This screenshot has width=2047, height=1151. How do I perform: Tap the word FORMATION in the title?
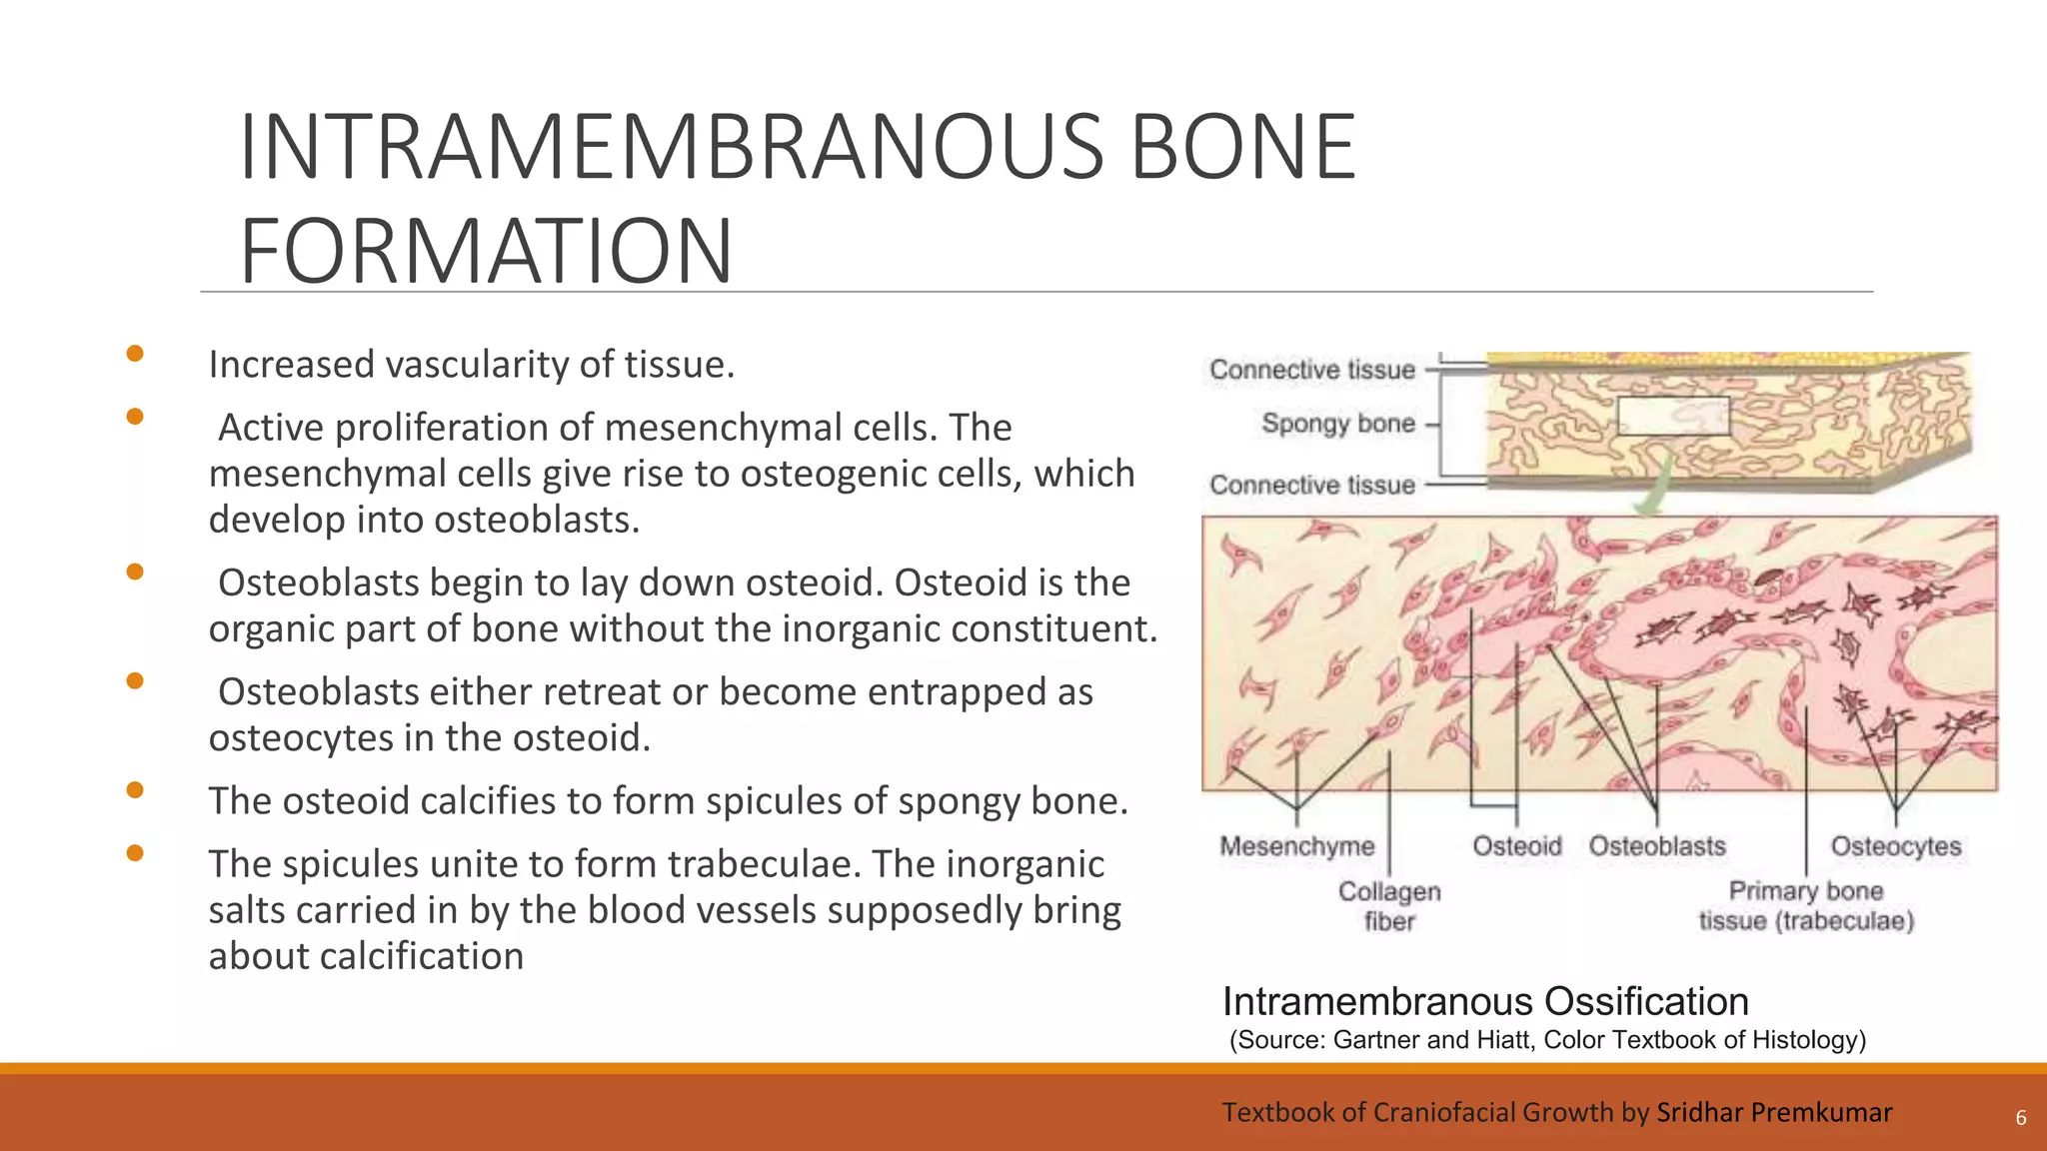click(487, 251)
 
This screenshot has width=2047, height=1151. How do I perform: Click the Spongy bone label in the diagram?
click(1337, 424)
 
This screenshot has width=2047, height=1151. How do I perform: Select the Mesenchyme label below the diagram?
click(1296, 846)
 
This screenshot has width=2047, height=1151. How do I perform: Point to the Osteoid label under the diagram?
click(1516, 846)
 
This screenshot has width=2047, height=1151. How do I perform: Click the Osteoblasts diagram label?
click(1657, 846)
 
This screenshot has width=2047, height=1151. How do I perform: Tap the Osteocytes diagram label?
click(1895, 846)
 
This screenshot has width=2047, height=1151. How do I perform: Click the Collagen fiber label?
click(1389, 906)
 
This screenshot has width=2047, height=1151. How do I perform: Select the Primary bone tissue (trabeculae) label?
click(1806, 906)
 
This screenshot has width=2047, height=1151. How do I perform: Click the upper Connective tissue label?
click(1311, 370)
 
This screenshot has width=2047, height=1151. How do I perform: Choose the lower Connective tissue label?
click(1311, 486)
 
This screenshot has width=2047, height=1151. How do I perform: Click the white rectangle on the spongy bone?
click(1673, 416)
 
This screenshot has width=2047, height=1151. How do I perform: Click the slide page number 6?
click(2020, 1118)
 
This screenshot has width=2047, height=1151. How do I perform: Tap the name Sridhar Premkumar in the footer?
click(1774, 1112)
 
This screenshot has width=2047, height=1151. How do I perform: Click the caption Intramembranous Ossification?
click(1485, 1001)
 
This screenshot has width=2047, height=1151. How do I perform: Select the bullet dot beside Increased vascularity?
click(135, 354)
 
